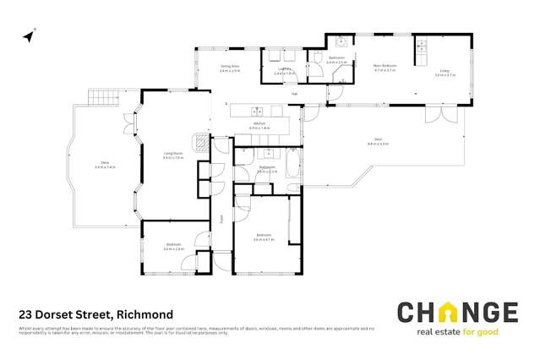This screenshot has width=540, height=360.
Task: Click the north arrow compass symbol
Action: pos(30,36)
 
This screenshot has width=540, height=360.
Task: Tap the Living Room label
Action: pos(172,155)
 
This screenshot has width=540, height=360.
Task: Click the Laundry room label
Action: pos(285,71)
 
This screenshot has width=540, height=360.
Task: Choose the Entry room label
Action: pos(445,73)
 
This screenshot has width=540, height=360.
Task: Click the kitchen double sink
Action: pos(257,111)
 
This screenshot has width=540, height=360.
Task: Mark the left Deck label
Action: pos(106,165)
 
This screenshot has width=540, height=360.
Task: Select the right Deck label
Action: pos(377,142)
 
